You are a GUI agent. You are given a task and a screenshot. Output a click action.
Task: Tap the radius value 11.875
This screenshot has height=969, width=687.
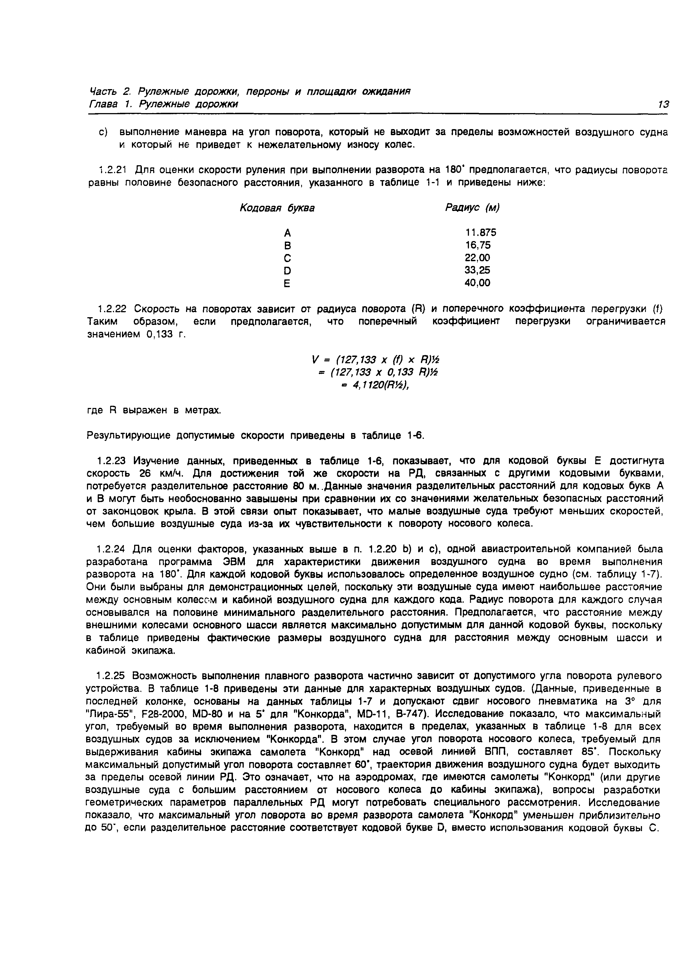click(x=481, y=233)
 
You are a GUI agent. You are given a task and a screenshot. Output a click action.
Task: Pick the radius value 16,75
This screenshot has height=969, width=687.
click(x=478, y=245)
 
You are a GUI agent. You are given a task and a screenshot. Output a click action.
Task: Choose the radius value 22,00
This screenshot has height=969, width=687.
click(x=478, y=257)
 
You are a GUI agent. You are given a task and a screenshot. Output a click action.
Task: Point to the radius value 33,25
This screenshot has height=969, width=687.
click(x=478, y=270)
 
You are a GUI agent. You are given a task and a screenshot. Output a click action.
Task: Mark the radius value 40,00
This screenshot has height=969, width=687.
click(x=478, y=283)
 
